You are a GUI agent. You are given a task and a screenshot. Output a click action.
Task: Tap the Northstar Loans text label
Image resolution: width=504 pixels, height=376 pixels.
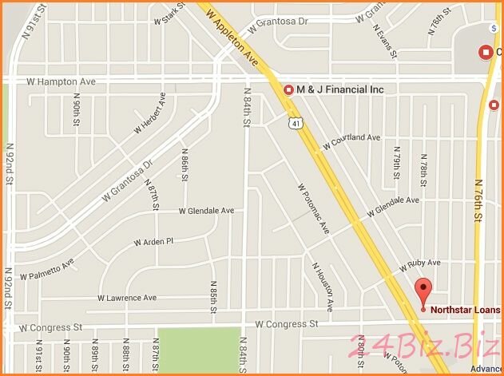[x=465, y=310]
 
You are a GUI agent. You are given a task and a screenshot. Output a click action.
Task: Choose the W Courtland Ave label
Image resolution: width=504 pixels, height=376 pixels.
[x=351, y=141]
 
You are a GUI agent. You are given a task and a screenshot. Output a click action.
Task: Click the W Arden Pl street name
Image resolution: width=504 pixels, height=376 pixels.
[x=153, y=241]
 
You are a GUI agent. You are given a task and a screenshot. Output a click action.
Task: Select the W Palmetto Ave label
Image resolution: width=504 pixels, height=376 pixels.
[x=47, y=268]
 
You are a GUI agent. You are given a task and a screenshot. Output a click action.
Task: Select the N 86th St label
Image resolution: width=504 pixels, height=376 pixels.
[x=184, y=170]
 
